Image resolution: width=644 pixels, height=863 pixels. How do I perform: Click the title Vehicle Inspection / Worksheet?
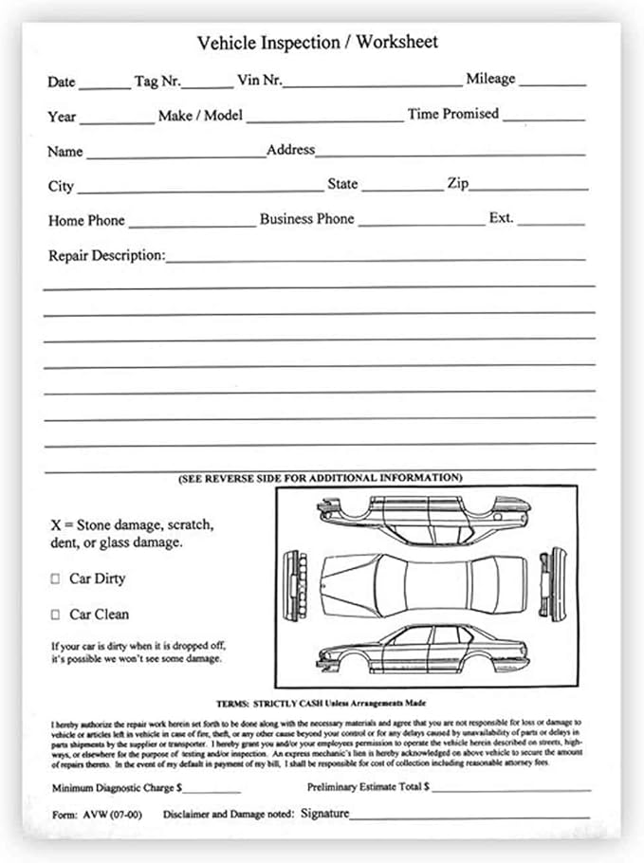(x=317, y=43)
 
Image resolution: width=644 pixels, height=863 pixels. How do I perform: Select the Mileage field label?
(x=489, y=79)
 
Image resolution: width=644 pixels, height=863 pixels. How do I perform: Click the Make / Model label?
(x=200, y=116)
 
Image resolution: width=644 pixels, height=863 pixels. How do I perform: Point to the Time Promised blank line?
(x=543, y=117)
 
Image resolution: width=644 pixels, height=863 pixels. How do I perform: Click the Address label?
(x=290, y=150)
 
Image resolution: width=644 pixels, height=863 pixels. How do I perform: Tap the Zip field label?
(x=457, y=184)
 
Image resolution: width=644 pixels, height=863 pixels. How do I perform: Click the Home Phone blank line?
(x=192, y=223)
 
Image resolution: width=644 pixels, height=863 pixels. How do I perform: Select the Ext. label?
(x=501, y=218)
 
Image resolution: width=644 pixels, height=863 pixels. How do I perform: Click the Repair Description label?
(x=106, y=256)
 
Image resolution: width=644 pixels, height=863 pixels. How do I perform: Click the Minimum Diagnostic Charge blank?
(x=212, y=790)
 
